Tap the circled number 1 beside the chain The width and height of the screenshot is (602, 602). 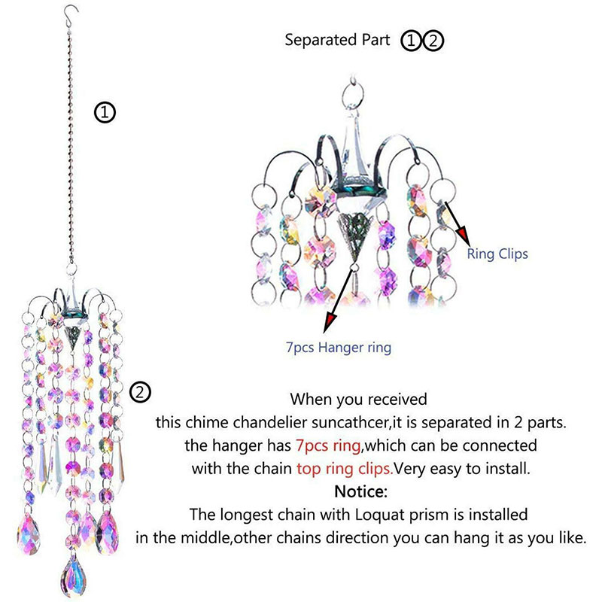tap(104, 113)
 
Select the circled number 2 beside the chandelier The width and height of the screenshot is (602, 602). tap(141, 392)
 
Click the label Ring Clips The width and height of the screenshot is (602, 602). tap(497, 254)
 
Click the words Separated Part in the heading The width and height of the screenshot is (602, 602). tap(337, 41)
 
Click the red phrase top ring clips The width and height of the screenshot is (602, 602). tap(342, 468)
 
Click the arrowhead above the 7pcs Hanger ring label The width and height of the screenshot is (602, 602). tap(329, 324)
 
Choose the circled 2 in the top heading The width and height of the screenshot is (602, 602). tap(433, 41)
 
